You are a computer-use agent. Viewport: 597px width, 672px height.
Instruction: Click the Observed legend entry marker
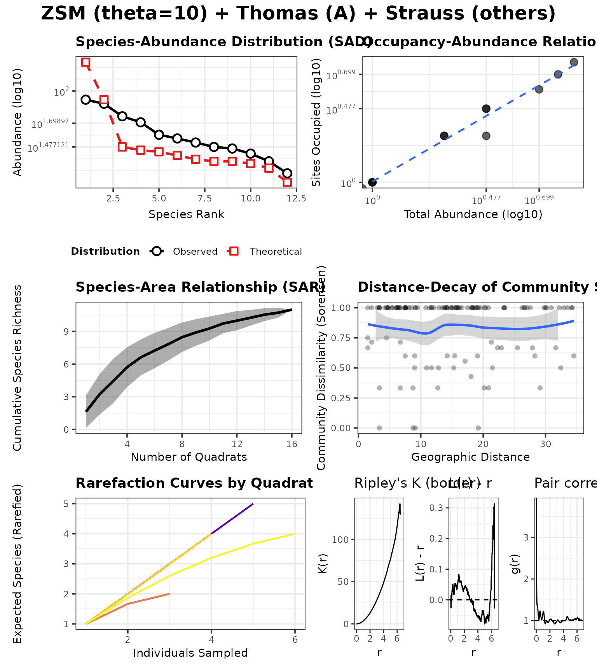point(157,251)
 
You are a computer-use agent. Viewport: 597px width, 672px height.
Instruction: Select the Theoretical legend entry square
point(234,251)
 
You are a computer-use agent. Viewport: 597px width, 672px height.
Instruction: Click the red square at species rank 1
point(86,62)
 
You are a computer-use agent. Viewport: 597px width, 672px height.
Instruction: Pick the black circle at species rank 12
point(287,173)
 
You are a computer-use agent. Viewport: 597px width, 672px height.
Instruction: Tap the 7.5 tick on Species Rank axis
point(204,198)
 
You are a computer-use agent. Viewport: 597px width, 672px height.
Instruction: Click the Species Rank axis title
point(186,214)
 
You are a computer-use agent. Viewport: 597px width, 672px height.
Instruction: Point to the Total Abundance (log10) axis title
point(473,214)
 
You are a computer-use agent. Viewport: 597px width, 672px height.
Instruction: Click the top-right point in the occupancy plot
point(574,62)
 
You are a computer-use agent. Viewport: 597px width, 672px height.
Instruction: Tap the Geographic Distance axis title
point(470,457)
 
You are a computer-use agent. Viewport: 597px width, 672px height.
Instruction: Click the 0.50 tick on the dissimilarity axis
point(341,368)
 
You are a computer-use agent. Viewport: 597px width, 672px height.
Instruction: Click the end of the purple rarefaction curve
point(253,504)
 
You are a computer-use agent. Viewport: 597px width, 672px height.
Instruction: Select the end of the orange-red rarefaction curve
point(169,594)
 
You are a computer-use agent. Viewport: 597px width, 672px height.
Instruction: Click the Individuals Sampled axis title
point(190,653)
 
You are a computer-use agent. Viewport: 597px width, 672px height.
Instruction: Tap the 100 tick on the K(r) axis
point(341,540)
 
